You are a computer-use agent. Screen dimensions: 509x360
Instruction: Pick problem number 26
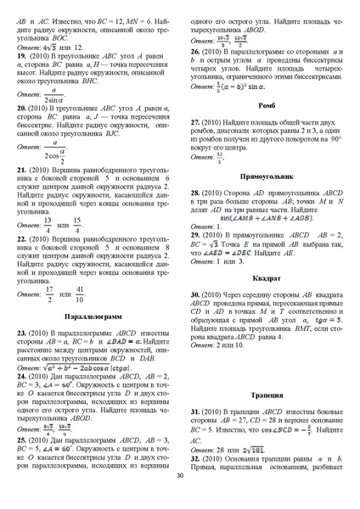tap(196, 52)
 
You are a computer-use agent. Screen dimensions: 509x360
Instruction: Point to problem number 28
tap(196, 193)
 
